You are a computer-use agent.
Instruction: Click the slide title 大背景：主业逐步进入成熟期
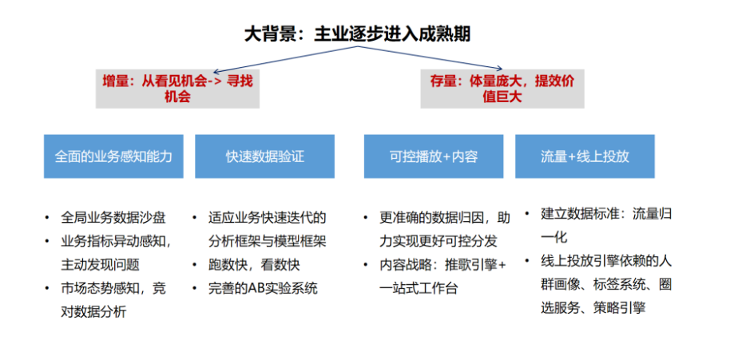point(357,34)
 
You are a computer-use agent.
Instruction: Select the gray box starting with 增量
point(177,89)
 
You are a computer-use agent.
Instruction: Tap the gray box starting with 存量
point(502,89)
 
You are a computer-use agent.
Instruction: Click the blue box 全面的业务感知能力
point(113,156)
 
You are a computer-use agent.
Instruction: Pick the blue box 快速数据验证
point(265,156)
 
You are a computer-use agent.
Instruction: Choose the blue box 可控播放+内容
point(434,156)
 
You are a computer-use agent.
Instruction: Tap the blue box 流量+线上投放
point(585,156)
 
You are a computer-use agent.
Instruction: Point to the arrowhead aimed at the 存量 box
point(499,69)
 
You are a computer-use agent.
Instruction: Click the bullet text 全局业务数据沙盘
point(113,218)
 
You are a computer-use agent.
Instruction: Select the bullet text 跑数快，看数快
point(255,265)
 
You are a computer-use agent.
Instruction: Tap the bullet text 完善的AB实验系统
point(263,288)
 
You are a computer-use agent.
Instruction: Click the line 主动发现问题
point(100,265)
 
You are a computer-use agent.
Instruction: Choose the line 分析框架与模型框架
point(267,241)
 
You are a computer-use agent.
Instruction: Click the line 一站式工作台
point(418,288)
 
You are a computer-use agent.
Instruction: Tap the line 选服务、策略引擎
point(593,308)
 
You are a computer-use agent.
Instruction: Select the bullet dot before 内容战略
point(367,265)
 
